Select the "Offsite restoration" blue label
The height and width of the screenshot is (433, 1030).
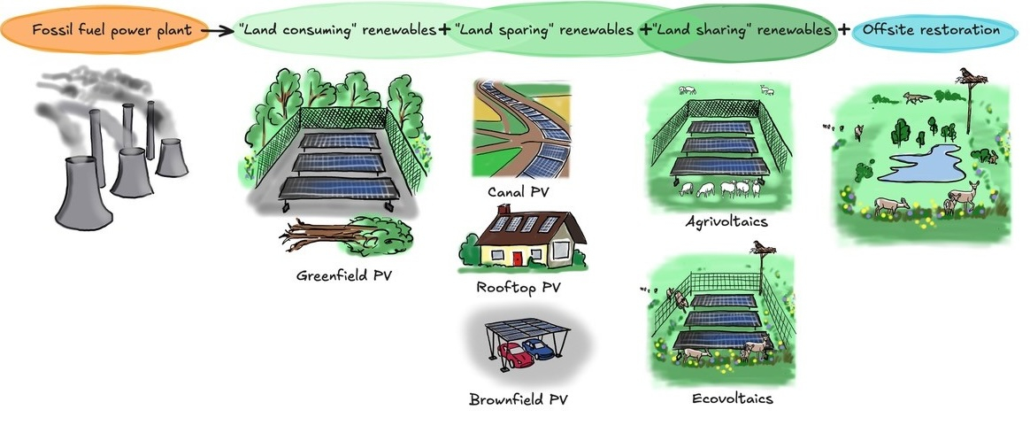coord(931,30)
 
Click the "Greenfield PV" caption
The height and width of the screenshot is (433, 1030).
coord(344,275)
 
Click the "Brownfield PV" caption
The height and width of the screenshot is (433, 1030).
coord(519,399)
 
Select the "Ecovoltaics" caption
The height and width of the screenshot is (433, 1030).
coord(732,398)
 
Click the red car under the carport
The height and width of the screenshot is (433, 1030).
coord(514,355)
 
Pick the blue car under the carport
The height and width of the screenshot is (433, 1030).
coord(538,348)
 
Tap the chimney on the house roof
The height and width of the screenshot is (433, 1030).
coord(503,213)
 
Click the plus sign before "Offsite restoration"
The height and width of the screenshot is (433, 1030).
coord(844,30)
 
